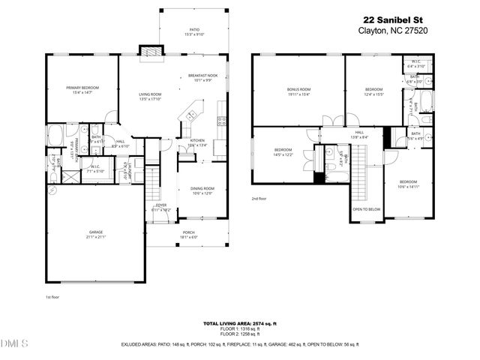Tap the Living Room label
[x=150, y=96]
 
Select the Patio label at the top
[x=174, y=32]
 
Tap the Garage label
[x=95, y=235]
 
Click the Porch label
[x=188, y=235]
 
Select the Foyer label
[x=161, y=207]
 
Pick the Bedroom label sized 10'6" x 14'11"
[x=407, y=184]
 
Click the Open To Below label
[x=367, y=209]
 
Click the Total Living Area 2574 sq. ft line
[x=239, y=323]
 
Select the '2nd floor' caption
[x=259, y=199]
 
